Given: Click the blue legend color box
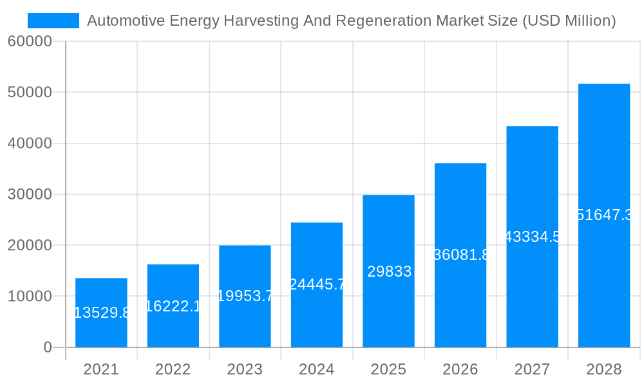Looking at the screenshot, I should tap(53, 21).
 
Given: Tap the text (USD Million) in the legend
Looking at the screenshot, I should tap(569, 21).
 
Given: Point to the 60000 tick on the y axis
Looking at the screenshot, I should tap(29, 41).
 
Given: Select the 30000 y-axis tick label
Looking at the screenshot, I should tap(29, 194).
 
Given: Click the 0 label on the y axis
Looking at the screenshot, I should tap(47, 347).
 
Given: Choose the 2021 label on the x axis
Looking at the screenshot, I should tap(101, 369).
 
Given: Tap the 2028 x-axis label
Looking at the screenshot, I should tap(604, 369).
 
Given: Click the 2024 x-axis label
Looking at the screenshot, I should tap(317, 369).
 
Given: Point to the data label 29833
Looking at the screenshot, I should tap(389, 271).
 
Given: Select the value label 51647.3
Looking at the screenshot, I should tap(604, 215).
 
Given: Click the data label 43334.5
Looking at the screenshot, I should tap(533, 237).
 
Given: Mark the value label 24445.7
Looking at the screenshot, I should tap(317, 284).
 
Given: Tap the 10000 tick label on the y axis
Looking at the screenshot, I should tap(29, 297).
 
